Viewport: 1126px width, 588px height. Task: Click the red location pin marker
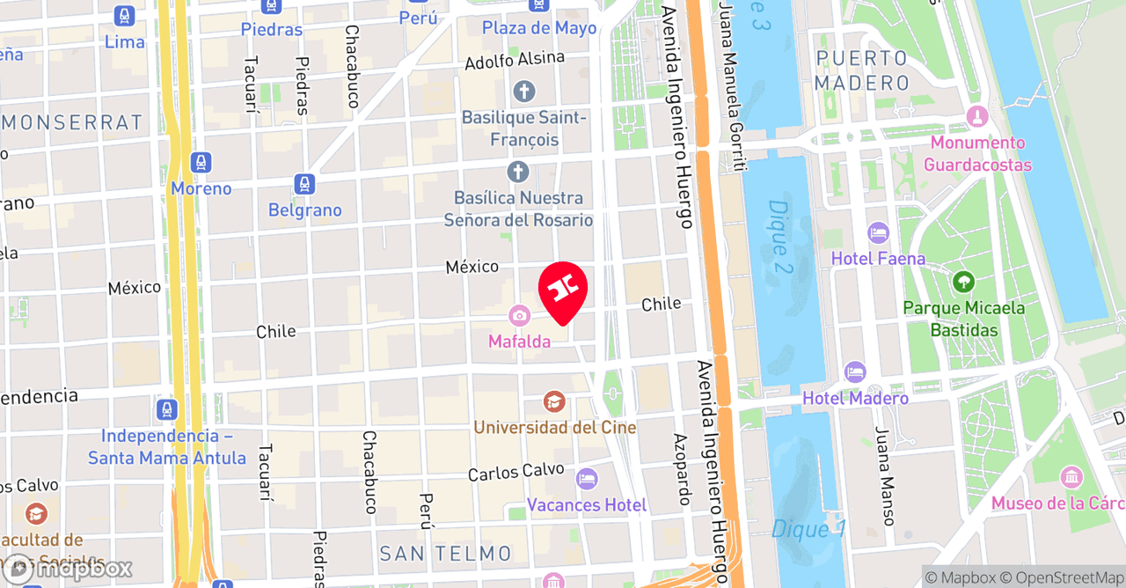[x=562, y=290]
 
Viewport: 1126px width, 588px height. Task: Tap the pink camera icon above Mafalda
[x=519, y=315]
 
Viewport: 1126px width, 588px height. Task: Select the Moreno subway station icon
[x=201, y=163]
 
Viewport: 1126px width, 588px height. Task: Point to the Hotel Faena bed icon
[x=878, y=233]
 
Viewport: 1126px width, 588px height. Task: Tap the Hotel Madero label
[x=855, y=399]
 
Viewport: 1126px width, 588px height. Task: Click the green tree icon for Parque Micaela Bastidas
[x=963, y=283]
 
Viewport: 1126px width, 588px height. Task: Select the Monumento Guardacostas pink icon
[x=976, y=116]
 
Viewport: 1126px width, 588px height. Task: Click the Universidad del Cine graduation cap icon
[x=553, y=402]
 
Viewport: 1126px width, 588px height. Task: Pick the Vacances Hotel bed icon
[x=586, y=480]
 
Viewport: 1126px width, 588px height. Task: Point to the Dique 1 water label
[x=808, y=529]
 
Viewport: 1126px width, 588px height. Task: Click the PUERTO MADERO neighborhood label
[x=861, y=71]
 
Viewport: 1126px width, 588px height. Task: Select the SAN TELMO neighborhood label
[x=445, y=554]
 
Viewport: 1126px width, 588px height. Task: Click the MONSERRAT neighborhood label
[x=72, y=122]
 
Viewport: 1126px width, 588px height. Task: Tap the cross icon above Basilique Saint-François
[x=524, y=91]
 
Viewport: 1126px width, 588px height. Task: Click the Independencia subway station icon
[x=166, y=409]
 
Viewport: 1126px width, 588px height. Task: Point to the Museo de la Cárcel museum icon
[x=1071, y=478]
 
